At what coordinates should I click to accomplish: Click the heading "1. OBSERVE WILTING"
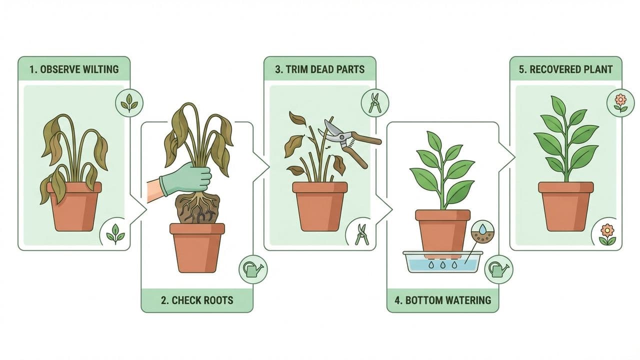click(x=74, y=69)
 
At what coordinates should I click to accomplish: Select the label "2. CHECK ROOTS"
click(x=197, y=300)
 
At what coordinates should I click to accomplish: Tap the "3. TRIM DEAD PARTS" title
click(x=320, y=69)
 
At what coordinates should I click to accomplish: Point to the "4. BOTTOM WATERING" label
click(x=443, y=300)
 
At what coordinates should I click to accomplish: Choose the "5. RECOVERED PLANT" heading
click(x=565, y=69)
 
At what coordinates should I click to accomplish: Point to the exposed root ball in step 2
click(x=197, y=207)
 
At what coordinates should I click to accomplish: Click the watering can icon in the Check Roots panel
click(x=253, y=269)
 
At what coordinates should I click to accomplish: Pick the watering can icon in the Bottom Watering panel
click(x=499, y=269)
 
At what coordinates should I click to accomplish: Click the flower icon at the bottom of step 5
click(x=606, y=234)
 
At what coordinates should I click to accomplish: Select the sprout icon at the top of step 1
click(x=129, y=102)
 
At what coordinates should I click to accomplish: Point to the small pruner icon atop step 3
click(x=374, y=102)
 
